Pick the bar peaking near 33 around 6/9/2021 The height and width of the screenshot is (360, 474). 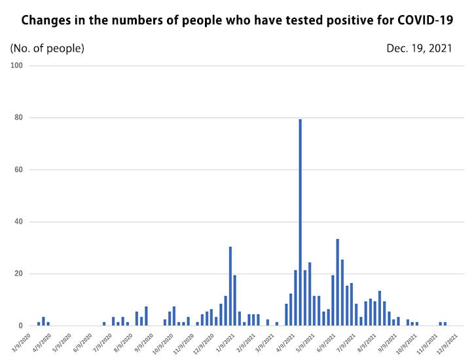click(x=338, y=282)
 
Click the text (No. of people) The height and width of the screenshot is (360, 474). click(x=47, y=48)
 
